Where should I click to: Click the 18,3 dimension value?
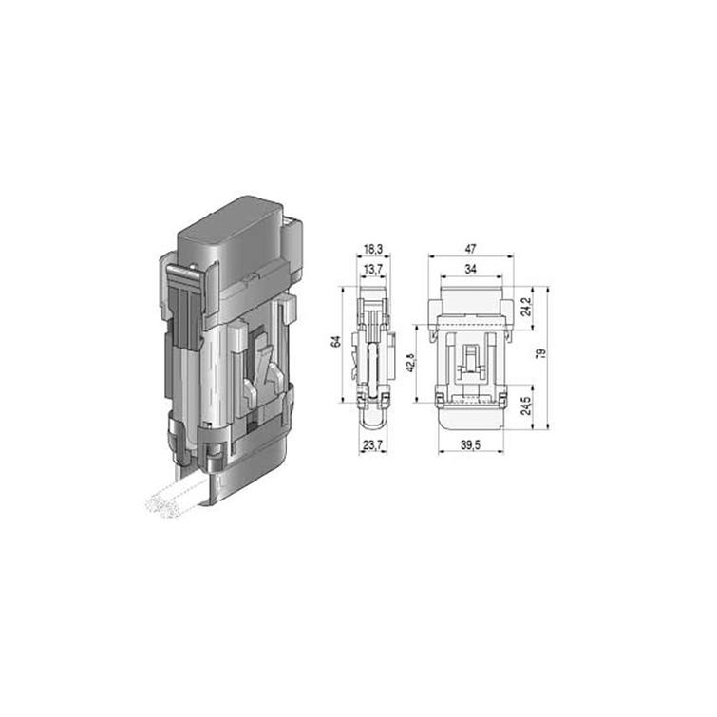(x=372, y=249)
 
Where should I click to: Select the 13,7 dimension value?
(x=372, y=270)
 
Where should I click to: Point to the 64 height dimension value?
(x=336, y=341)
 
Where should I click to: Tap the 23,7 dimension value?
(x=372, y=445)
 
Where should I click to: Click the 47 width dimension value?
(x=470, y=249)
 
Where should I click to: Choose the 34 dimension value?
(x=470, y=270)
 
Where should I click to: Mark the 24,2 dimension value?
(x=526, y=307)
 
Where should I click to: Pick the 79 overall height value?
(x=541, y=353)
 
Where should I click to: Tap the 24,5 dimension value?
(x=526, y=406)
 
